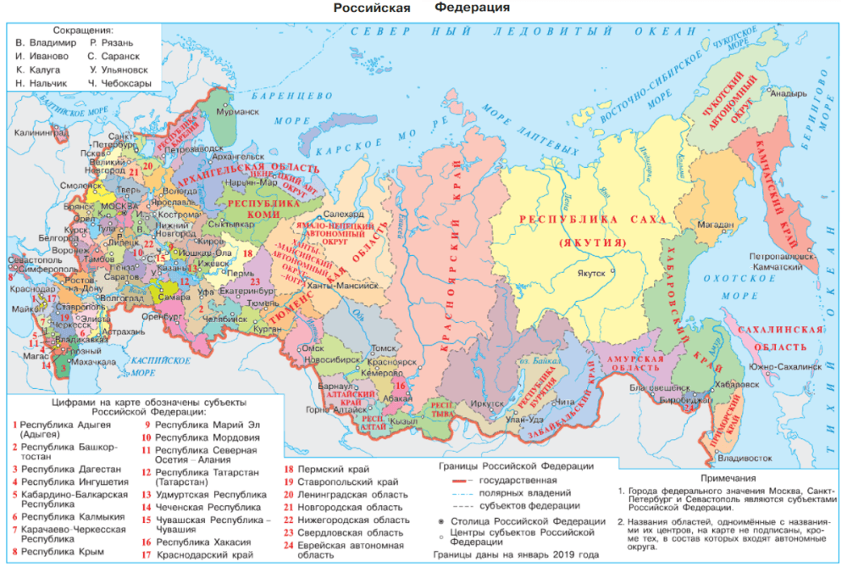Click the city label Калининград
tap(40, 134)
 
